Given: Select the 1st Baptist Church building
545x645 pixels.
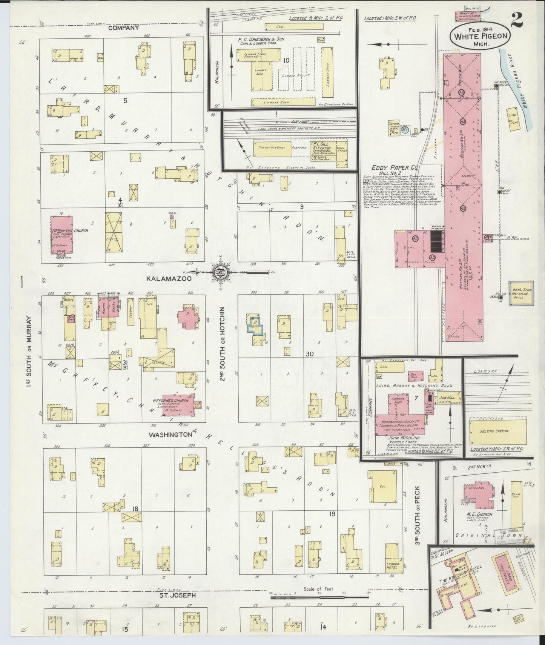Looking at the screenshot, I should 61,234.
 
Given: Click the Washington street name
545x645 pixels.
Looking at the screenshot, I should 170,435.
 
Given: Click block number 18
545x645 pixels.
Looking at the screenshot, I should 135,509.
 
